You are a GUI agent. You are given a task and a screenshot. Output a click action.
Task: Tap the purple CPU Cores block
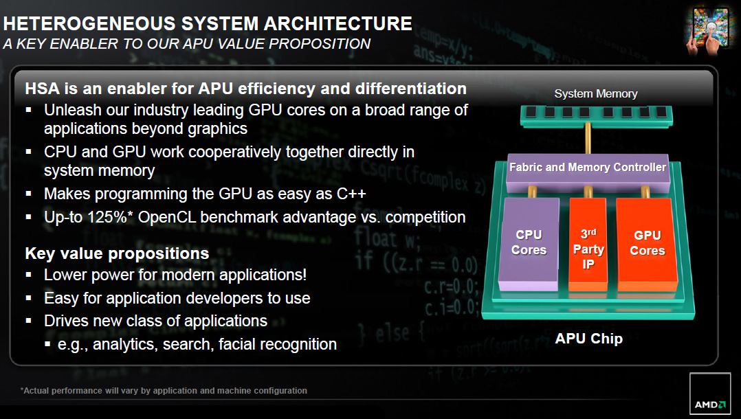pos(529,242)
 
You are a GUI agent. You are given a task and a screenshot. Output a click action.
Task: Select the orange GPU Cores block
pos(647,244)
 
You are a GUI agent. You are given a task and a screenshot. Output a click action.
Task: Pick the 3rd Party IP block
pos(588,245)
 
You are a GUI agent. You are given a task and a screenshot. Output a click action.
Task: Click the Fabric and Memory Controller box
pos(588,172)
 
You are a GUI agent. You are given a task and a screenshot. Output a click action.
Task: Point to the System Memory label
pos(596,93)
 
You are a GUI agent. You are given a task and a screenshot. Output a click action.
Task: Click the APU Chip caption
pos(589,339)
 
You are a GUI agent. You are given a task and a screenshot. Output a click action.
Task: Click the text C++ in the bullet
pos(351,194)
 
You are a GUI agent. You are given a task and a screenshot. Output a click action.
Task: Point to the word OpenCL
pos(167,217)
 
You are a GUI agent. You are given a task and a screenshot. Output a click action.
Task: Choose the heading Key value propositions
pos(117,253)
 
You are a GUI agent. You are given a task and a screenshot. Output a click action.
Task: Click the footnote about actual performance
pos(164,391)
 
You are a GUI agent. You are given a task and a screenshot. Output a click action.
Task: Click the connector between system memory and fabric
pos(588,139)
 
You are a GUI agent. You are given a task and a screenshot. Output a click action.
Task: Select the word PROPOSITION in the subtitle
pos(320,44)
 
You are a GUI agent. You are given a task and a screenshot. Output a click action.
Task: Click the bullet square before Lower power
pos(29,275)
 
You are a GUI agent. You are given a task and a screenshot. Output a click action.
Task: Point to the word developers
pos(225,299)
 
